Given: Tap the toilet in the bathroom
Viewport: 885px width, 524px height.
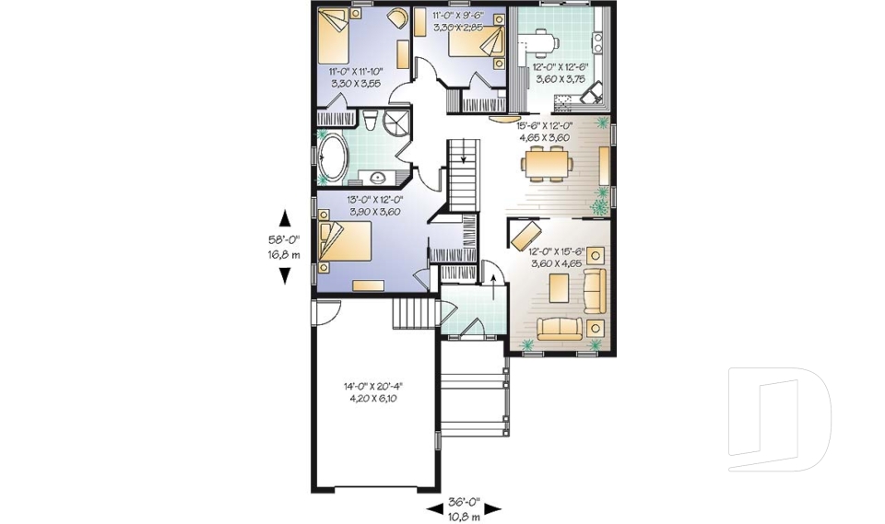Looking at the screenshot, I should (x=369, y=122).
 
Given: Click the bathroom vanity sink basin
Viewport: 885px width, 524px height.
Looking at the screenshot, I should (x=377, y=177).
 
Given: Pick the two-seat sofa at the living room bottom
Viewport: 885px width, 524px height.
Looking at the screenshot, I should (x=558, y=327).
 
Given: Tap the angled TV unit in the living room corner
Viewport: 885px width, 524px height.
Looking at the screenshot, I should (x=524, y=231).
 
